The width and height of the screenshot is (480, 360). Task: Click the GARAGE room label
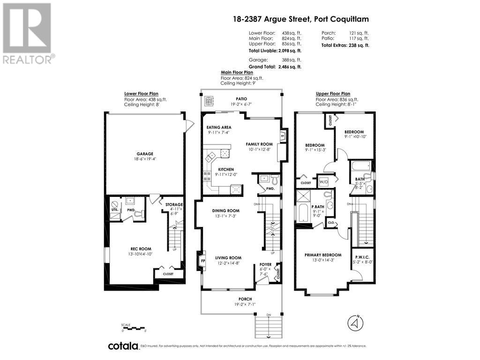click(x=145, y=154)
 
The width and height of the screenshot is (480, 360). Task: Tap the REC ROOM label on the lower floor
click(x=141, y=249)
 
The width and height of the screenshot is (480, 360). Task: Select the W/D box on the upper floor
click(x=324, y=181)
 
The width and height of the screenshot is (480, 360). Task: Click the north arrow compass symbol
click(x=356, y=323)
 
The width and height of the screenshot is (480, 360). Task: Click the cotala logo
click(x=123, y=346)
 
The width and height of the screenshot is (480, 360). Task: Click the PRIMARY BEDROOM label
click(x=322, y=255)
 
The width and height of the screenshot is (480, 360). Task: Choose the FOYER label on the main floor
click(x=266, y=265)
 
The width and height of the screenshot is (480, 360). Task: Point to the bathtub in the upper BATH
click(x=362, y=166)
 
